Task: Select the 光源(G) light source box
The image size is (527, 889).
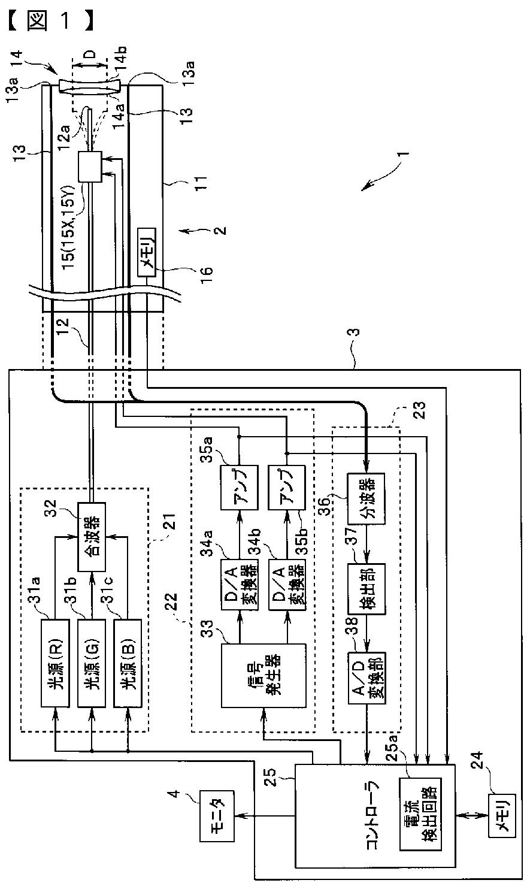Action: tap(92, 663)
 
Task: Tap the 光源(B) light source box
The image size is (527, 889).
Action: tap(128, 663)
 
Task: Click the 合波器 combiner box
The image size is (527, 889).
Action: tap(92, 537)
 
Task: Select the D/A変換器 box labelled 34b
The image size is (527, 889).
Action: tap(287, 585)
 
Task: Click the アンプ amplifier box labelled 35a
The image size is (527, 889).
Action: tap(240, 488)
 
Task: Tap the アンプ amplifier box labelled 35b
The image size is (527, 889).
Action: tap(287, 488)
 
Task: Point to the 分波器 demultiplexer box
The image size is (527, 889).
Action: tap(367, 498)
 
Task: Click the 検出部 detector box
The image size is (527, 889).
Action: tap(367, 589)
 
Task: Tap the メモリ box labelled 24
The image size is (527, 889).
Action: tap(502, 816)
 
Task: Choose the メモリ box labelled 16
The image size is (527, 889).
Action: tap(147, 252)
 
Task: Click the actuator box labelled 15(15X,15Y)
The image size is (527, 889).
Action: tap(90, 167)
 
